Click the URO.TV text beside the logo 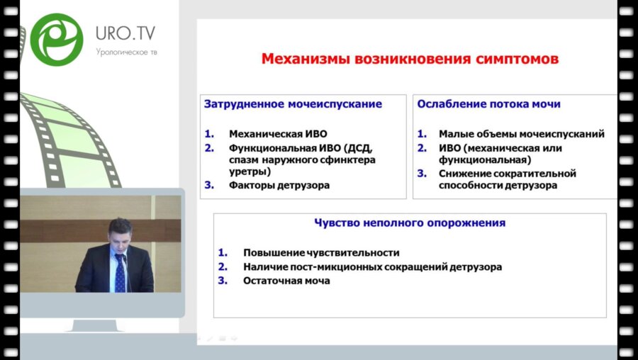(125, 33)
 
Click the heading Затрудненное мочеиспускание (293, 103)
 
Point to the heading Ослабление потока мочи (488, 103)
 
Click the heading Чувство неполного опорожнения (410, 223)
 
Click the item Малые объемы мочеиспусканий (521, 133)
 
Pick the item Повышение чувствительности (321, 252)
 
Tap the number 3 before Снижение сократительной (421, 173)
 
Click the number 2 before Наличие (223, 266)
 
